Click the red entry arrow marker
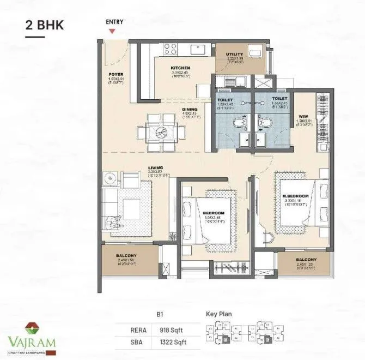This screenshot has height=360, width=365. [112, 31]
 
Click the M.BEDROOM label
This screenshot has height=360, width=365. [295, 196]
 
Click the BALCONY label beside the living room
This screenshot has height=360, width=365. [125, 256]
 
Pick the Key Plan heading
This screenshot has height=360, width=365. [220, 315]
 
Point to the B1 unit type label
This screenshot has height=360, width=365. [160, 315]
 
